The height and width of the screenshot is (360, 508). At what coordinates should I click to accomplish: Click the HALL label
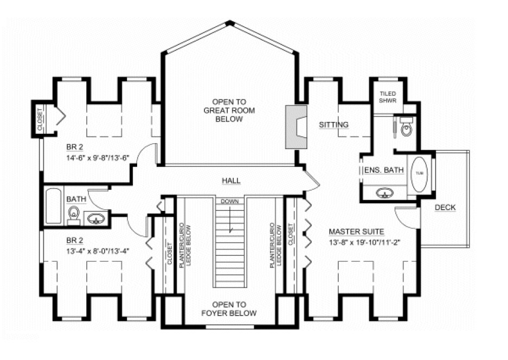(x=231, y=181)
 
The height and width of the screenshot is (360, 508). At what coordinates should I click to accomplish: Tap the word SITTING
(x=333, y=125)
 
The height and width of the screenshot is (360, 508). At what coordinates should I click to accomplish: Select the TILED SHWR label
(x=388, y=97)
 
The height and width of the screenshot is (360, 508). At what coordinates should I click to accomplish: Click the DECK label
(x=445, y=207)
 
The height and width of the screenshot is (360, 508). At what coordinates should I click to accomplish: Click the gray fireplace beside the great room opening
(x=296, y=126)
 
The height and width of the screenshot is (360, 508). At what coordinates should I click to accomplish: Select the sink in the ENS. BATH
(x=385, y=192)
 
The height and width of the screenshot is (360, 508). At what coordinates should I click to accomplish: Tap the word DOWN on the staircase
(x=229, y=201)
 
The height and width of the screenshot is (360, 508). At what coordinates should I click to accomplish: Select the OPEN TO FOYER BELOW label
(x=229, y=309)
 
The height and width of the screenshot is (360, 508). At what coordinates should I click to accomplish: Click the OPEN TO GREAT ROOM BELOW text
(x=229, y=110)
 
